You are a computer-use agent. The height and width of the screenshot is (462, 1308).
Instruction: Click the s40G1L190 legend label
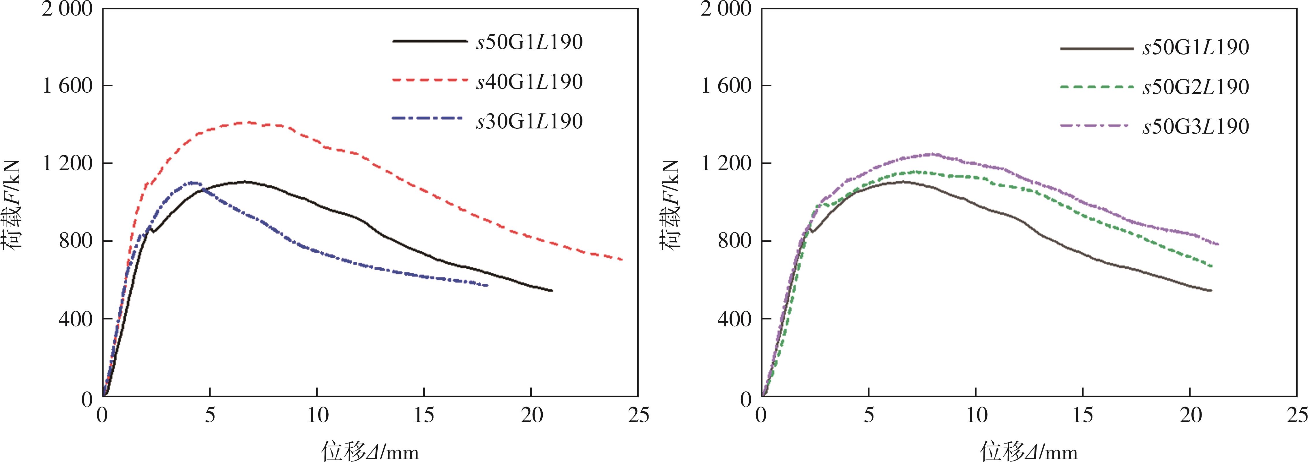pos(529,82)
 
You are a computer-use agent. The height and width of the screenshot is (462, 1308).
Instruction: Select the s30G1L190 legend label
pos(529,121)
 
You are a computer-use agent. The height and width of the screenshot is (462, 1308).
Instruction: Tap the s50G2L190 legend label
pos(1195,87)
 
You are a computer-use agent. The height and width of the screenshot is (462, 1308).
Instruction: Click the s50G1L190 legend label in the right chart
pos(1195,47)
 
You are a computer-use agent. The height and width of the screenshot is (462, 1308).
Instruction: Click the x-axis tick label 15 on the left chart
pos(423,415)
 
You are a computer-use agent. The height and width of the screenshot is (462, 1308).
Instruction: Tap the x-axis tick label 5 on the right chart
pos(869,415)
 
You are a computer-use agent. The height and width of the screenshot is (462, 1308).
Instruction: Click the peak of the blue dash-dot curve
pos(192,182)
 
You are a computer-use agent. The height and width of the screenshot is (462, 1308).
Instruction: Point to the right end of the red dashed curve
pos(622,259)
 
